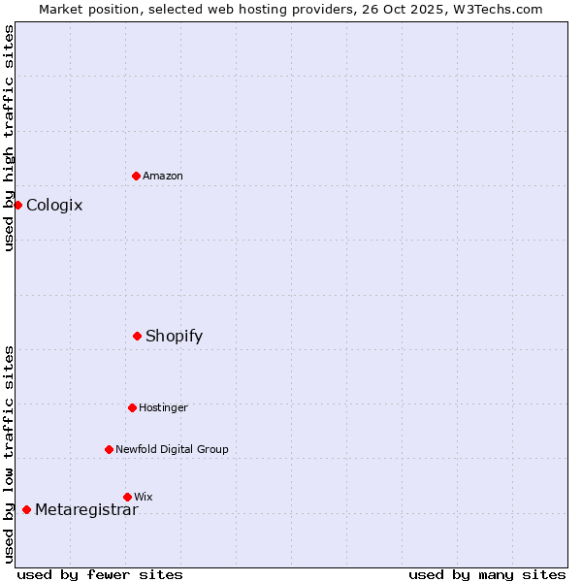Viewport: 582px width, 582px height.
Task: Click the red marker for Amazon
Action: click(137, 176)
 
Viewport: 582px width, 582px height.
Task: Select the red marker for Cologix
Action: click(17, 205)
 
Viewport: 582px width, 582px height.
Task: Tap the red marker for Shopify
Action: click(138, 336)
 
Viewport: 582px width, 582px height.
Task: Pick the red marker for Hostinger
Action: click(132, 407)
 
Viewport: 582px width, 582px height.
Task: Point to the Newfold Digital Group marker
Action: click(109, 449)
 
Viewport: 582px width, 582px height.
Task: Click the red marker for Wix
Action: click(127, 497)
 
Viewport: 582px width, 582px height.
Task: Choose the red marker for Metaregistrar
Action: click(26, 509)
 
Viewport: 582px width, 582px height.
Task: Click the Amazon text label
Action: click(163, 176)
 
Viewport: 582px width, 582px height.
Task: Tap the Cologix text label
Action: click(54, 205)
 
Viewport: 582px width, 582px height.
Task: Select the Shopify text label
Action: click(175, 336)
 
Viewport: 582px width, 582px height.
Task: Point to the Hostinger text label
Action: click(163, 407)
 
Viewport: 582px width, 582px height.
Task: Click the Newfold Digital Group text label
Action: click(172, 449)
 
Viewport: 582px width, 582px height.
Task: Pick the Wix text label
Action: click(144, 497)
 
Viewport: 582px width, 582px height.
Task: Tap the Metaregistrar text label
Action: click(86, 509)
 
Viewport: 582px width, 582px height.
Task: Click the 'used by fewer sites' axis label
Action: click(100, 574)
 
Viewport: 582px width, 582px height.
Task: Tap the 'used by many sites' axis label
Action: click(487, 574)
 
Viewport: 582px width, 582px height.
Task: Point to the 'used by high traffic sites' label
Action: click(9, 138)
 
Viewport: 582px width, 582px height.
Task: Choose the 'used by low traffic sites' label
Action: click(9, 453)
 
